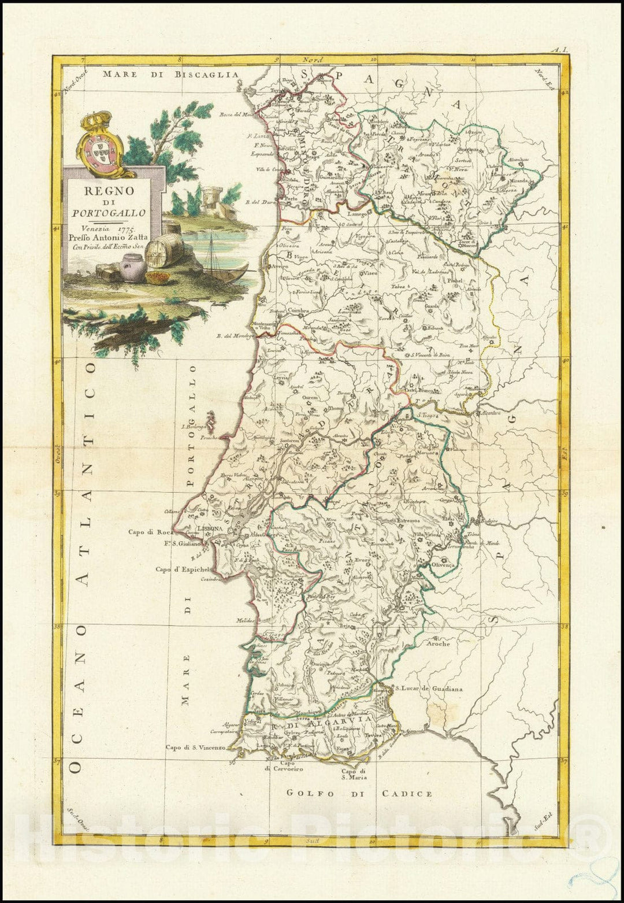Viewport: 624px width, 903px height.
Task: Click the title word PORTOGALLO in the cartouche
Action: [x=109, y=212]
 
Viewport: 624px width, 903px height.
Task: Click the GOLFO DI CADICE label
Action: [x=359, y=794]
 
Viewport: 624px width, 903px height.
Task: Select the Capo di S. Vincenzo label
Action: [x=194, y=747]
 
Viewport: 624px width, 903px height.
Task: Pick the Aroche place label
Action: [x=437, y=643]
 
